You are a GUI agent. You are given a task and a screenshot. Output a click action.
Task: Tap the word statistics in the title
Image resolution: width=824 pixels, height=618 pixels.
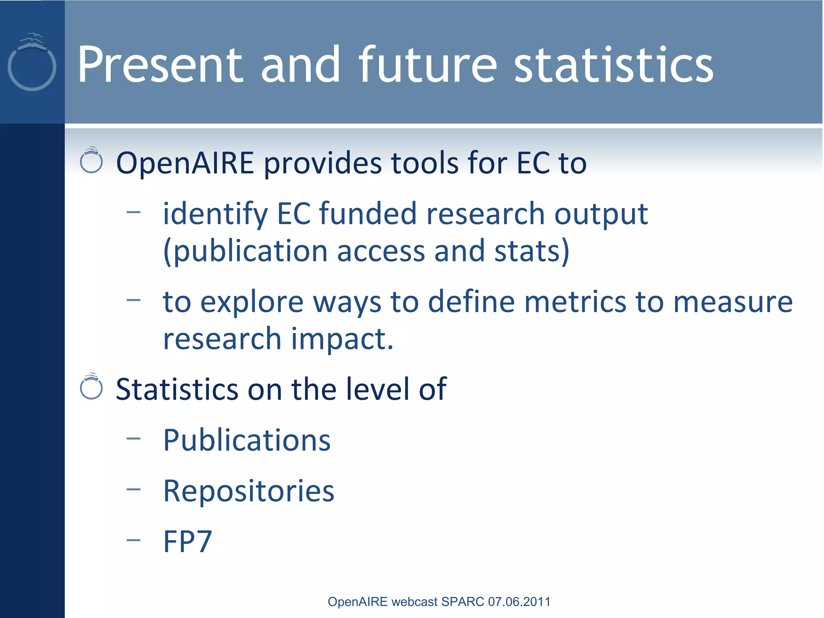tap(614, 65)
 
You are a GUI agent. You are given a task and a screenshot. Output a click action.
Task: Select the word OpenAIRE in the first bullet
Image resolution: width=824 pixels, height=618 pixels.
tap(185, 163)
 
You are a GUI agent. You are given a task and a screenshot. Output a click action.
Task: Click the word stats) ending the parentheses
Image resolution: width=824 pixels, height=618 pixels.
tap(531, 251)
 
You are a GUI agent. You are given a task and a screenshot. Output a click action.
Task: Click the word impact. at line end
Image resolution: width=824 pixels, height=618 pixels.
tap(342, 339)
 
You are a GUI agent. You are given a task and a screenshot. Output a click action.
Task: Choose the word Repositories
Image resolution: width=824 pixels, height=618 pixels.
tap(249, 491)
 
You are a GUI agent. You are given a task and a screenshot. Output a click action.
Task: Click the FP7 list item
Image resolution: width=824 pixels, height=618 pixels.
tap(187, 542)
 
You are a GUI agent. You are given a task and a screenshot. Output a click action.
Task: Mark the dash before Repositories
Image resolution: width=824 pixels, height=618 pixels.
tap(133, 489)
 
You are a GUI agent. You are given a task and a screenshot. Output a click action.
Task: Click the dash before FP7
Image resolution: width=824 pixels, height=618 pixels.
tap(133, 540)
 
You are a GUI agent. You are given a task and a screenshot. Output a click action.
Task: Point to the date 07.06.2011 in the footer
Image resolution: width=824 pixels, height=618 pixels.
tap(519, 602)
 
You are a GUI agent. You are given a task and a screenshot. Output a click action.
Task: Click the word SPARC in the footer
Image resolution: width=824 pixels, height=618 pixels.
tap(463, 602)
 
